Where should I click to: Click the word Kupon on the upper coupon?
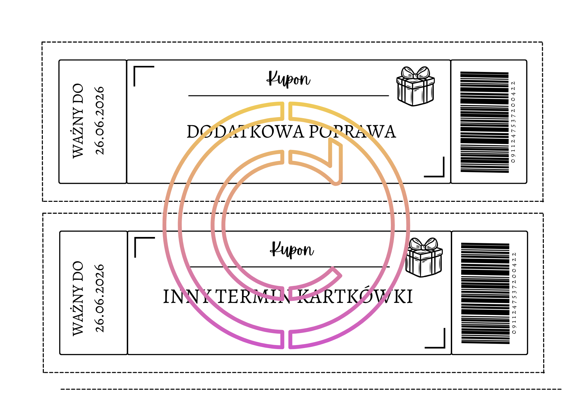click(x=288, y=79)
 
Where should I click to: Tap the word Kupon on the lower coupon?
click(x=292, y=250)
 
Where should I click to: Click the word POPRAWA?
click(x=352, y=132)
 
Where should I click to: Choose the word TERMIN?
click(x=254, y=297)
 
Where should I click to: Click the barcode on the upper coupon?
click(x=484, y=122)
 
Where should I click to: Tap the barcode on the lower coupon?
click(x=485, y=293)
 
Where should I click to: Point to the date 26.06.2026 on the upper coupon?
click(x=100, y=121)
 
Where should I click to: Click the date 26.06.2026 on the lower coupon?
click(x=100, y=298)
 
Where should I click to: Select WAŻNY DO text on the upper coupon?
click(x=78, y=121)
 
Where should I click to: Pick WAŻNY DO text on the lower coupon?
click(x=78, y=298)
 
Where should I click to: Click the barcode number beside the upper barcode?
click(x=513, y=122)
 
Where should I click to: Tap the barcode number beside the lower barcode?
click(x=514, y=293)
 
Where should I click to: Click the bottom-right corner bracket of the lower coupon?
click(x=438, y=341)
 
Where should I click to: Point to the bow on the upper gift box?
click(x=415, y=73)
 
